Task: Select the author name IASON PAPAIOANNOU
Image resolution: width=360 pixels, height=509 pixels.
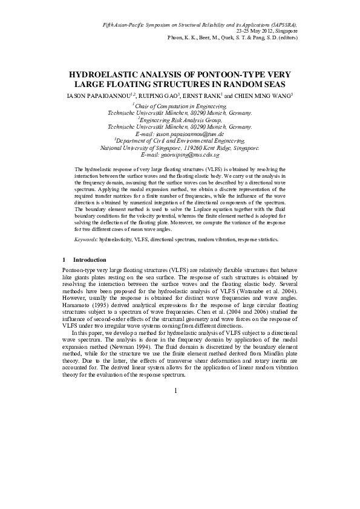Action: (x=100, y=96)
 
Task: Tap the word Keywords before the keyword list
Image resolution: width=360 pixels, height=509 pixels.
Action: (x=86, y=239)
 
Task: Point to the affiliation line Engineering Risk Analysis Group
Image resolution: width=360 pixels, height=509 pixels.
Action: (x=181, y=120)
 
